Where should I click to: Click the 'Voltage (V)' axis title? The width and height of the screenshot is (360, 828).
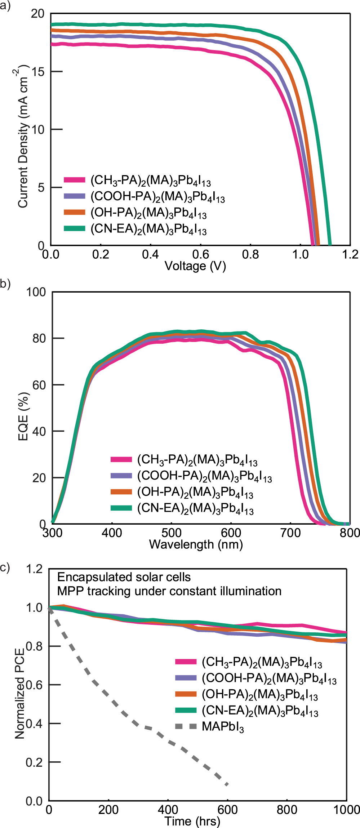tap(195, 266)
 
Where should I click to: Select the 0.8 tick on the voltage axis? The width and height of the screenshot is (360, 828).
tap(250, 255)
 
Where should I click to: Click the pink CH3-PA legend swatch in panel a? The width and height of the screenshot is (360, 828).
tap(74, 180)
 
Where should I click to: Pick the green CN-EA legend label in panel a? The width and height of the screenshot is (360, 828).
tap(148, 230)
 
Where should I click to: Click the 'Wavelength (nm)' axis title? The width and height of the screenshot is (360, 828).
tap(196, 544)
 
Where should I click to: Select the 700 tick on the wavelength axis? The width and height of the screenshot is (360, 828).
tap(290, 533)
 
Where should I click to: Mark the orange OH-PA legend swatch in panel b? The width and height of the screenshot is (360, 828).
tap(121, 491)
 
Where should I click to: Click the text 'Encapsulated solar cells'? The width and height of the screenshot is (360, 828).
tap(124, 577)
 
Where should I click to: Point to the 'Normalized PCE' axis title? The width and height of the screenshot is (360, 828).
tap(20, 693)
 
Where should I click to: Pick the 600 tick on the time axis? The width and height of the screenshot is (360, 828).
tap(227, 810)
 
